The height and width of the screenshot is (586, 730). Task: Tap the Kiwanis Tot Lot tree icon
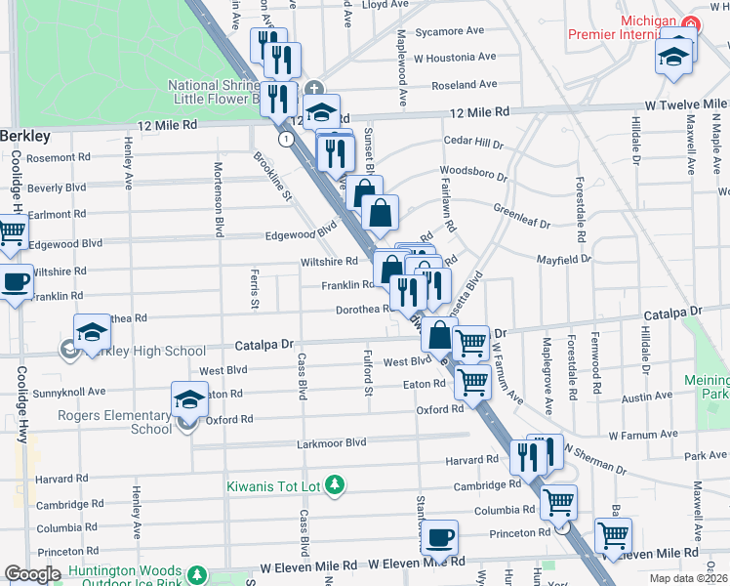(x=335, y=484)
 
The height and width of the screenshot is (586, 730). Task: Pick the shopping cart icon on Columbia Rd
(x=558, y=502)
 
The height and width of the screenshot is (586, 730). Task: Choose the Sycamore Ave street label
(x=450, y=31)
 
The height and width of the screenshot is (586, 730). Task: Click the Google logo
(x=32, y=574)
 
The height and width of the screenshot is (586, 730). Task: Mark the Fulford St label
(x=368, y=371)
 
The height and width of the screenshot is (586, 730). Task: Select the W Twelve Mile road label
(x=685, y=105)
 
